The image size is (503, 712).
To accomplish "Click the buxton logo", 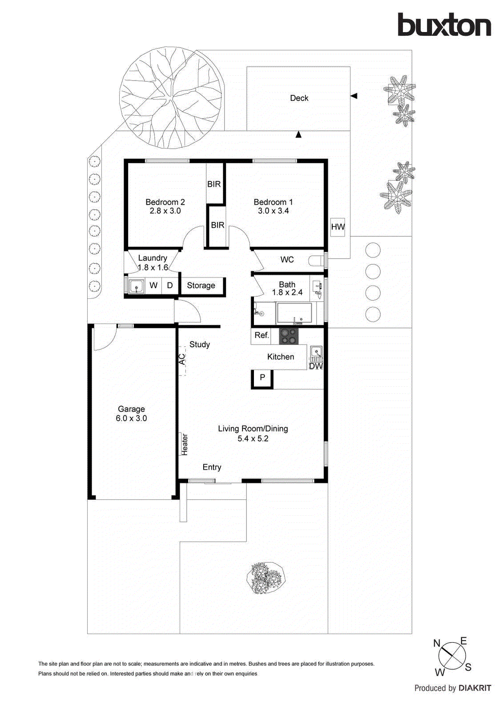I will pos(444,25).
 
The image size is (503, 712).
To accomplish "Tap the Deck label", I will pos(299,98).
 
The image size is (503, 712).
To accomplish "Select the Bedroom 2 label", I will pos(165,202).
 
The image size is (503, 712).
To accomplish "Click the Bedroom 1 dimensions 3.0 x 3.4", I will pos(273,211).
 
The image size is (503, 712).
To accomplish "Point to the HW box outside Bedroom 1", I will pos(338,227).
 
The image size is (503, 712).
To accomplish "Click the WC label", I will pos(287,259).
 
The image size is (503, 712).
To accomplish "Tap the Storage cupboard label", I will pos(201,286).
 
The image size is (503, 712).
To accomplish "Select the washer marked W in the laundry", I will pos(153,286).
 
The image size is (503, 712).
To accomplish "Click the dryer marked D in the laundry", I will pos(169,286).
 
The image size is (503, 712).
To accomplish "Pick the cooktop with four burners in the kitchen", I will pos(288,336).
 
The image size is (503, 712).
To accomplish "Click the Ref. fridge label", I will pos(262,335).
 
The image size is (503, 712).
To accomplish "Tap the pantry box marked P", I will pos(262,377).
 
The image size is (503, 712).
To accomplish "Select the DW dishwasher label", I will pos(316,366).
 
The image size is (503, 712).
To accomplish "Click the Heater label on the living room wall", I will pos(184,444).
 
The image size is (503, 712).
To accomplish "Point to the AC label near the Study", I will pos(182,360).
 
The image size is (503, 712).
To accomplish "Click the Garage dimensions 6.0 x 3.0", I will pos(131,418).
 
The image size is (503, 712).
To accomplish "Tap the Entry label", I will pos(212,467).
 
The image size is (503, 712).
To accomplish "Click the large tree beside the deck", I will pos(171,98).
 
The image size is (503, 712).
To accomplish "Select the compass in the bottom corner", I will pos(452,655).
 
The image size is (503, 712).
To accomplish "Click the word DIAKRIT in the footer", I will pos(475,688).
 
